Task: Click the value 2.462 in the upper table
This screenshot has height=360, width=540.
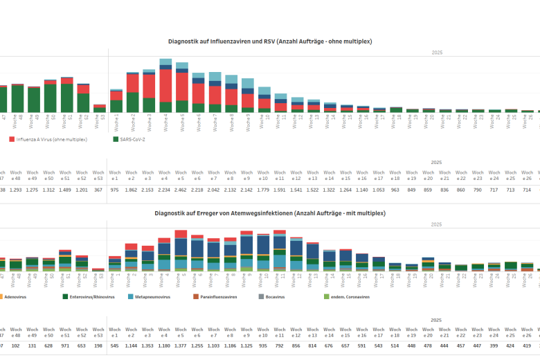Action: point(181,190)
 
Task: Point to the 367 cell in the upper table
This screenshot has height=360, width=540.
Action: point(98,190)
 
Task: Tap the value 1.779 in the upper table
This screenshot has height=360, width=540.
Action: point(263,190)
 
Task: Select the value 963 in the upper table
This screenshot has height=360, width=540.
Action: point(395,190)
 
